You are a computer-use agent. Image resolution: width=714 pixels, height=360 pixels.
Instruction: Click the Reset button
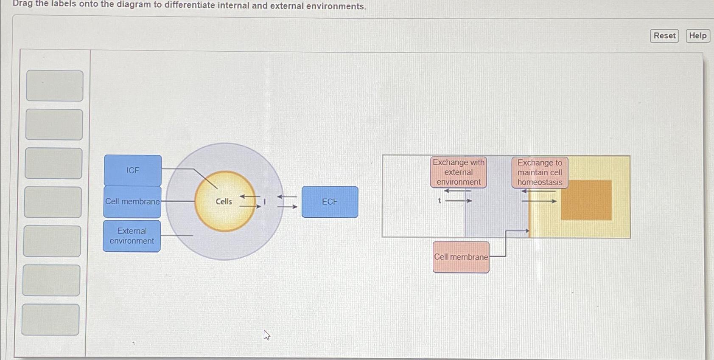664,36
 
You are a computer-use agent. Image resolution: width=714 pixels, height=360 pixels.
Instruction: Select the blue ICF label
133,170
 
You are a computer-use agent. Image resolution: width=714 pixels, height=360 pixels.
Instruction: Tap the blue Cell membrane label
132,202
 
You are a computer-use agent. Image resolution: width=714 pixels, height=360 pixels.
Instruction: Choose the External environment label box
132,236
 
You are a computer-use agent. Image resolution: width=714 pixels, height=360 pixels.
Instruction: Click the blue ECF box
330,202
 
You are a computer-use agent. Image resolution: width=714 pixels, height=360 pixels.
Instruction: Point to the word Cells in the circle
224,202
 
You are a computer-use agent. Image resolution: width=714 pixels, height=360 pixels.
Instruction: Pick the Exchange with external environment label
458,172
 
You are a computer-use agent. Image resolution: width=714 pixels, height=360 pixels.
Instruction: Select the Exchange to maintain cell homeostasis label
540,172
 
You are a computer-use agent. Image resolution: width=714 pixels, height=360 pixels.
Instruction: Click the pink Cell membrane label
461,257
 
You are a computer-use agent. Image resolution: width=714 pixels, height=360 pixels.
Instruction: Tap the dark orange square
586,200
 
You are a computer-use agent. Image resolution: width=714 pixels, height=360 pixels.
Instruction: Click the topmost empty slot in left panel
55,86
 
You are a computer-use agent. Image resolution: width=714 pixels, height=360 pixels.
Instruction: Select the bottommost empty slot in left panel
50,319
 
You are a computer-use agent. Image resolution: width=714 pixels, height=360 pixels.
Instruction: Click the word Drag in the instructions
23,4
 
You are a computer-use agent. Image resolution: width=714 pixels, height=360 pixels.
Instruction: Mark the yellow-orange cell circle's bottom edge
225,231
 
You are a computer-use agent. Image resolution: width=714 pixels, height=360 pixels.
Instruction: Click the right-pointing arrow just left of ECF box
288,207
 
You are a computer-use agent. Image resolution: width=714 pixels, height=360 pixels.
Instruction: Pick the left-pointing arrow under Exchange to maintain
538,191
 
